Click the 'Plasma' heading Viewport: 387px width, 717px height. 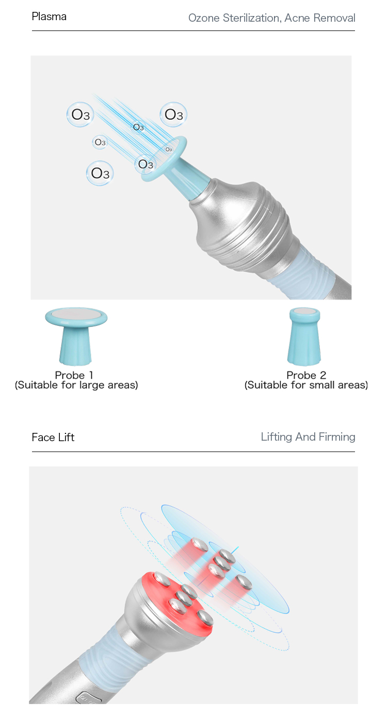tap(49, 17)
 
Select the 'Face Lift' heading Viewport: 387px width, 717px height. tap(53, 437)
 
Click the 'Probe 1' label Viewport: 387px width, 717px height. tap(74, 375)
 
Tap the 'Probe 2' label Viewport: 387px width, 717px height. tap(306, 375)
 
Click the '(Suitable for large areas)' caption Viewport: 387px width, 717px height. tap(76, 385)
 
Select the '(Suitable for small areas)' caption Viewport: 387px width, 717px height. tap(306, 385)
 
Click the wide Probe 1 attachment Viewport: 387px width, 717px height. tap(76, 336)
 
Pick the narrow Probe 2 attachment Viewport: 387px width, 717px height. tap(304, 336)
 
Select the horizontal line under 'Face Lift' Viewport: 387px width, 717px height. tap(193, 451)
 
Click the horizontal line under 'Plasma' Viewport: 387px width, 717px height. tap(193, 30)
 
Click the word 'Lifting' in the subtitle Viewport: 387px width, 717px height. tap(277, 437)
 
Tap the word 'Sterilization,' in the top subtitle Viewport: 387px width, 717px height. tap(252, 18)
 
